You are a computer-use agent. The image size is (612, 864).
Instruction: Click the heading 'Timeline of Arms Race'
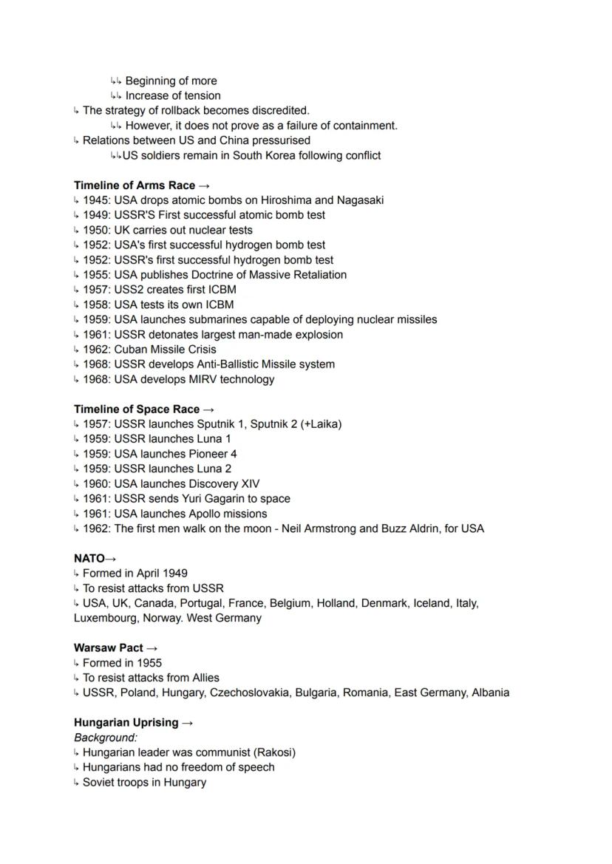[x=135, y=186]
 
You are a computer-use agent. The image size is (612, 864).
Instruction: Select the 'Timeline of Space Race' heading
[x=137, y=409]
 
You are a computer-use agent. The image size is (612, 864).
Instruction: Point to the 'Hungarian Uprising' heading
[x=126, y=723]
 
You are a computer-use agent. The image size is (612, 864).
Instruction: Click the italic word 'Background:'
[x=106, y=738]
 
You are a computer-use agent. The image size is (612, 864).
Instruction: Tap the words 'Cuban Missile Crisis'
[x=165, y=350]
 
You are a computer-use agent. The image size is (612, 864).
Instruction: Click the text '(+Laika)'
[x=321, y=424]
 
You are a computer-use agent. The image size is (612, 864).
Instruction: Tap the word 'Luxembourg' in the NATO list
[x=103, y=619]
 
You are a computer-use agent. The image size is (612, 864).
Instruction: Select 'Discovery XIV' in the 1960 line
[x=225, y=484]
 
